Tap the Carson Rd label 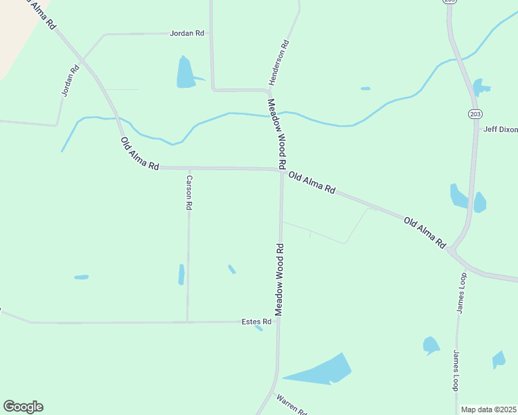click(x=188, y=192)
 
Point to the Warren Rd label click(x=291, y=404)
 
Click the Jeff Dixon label click(x=500, y=129)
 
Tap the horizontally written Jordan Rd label click(x=188, y=33)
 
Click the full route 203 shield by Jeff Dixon click(x=474, y=113)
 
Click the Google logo click(x=23, y=407)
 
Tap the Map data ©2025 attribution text click(x=488, y=409)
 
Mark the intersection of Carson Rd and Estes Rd click(x=187, y=322)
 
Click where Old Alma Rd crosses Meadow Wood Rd click(x=281, y=169)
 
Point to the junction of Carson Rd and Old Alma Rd click(x=188, y=168)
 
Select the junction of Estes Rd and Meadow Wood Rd click(x=279, y=321)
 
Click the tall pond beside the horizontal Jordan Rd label click(x=185, y=72)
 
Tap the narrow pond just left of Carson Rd click(x=181, y=275)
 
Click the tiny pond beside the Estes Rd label click(x=258, y=329)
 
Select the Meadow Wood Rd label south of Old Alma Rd click(x=280, y=280)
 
